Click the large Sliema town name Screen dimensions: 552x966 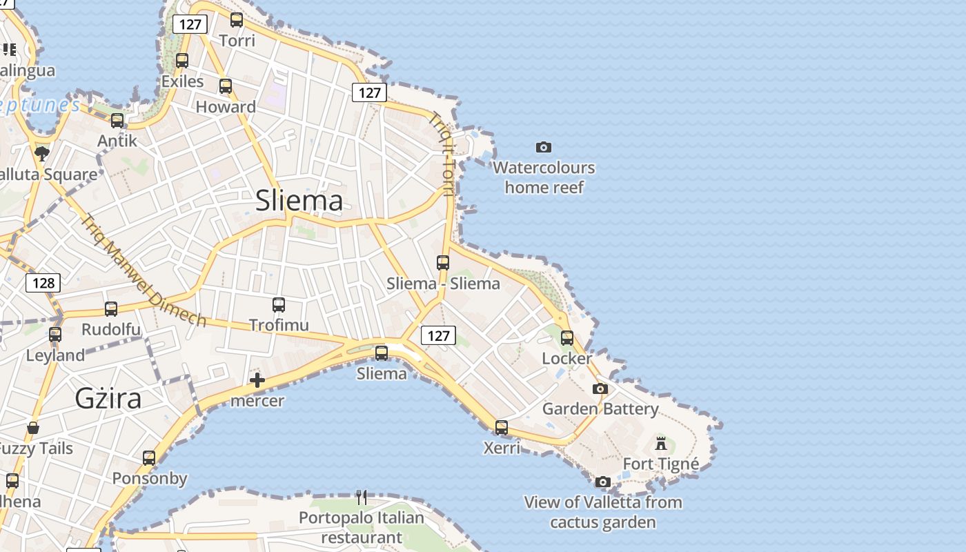coord(299,201)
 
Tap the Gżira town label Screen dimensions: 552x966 coord(108,398)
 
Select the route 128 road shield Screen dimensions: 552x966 coord(43,282)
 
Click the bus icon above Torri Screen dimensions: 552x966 coord(237,20)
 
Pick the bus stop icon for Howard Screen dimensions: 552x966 coord(226,86)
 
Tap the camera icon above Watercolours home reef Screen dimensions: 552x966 coord(544,147)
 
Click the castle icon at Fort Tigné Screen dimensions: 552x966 coord(661,443)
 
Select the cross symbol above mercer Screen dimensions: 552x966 coord(257,380)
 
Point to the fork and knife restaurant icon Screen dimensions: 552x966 coord(361,497)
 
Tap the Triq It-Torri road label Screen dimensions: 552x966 coord(442,154)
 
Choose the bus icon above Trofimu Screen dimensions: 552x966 coord(279,305)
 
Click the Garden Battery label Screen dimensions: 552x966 coord(600,408)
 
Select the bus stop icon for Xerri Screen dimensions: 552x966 coord(502,428)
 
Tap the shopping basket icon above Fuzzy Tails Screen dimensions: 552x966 coord(33,428)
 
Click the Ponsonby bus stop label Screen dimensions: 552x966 coord(150,478)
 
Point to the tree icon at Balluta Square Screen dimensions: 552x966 coord(42,153)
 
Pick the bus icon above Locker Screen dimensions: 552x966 coord(567,338)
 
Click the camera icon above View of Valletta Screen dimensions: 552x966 coord(603,482)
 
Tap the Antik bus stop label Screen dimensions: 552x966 coord(117,141)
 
